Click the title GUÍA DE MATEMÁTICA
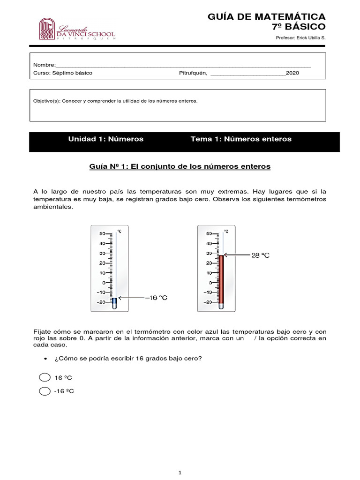[x=266, y=17]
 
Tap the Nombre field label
[x=44, y=65]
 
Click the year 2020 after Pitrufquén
[x=292, y=73]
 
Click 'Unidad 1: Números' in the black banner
[x=106, y=139]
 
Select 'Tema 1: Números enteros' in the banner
[x=241, y=139]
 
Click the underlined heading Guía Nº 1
[x=180, y=166]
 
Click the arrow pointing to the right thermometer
[x=237, y=255]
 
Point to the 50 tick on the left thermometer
[x=102, y=233]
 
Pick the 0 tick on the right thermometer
[x=209, y=283]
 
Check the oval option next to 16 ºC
[x=45, y=378]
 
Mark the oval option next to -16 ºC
[x=45, y=391]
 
